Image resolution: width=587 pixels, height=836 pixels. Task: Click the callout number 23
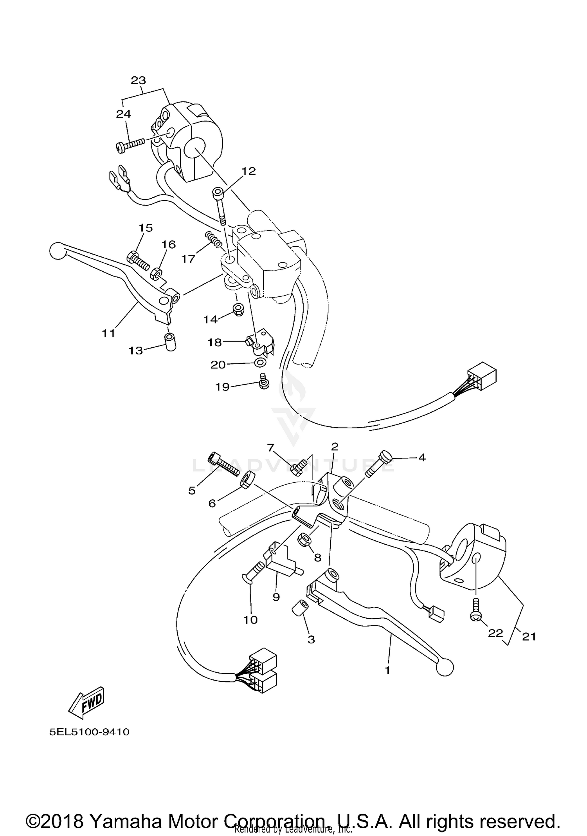pos(138,80)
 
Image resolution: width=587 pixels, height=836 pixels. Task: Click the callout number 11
pos(108,333)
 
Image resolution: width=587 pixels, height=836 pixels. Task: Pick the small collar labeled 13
pos(170,342)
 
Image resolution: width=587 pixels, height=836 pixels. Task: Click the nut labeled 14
pos(238,310)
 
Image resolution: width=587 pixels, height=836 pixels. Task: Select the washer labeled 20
pos(259,363)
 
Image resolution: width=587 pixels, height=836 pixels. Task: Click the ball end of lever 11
pos(58,251)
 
